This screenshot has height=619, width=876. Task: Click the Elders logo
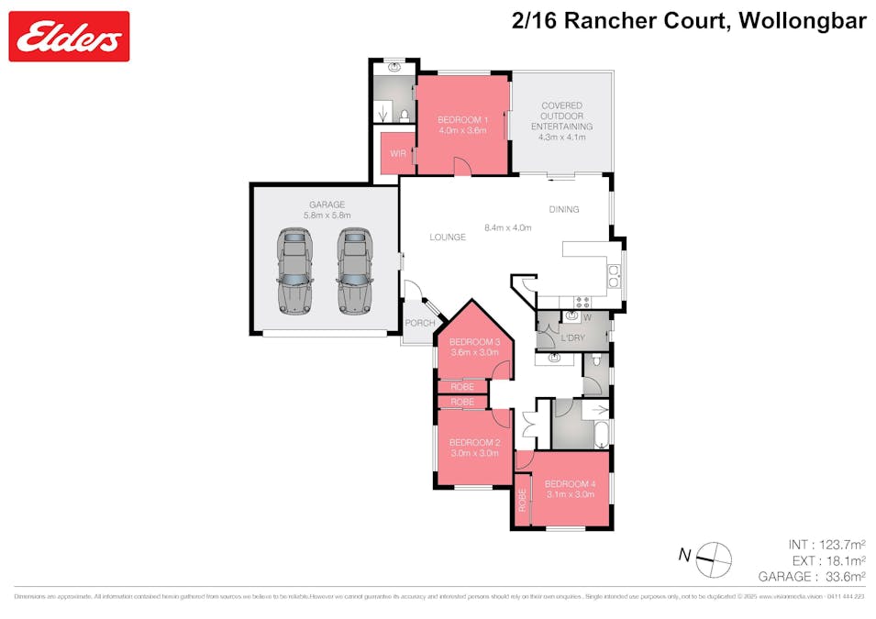coord(69,37)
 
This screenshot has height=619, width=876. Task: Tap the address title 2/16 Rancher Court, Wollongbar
coord(688,21)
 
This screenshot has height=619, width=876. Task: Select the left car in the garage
coord(294,271)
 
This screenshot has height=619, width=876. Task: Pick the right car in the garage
coord(353,271)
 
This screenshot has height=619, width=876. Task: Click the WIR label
coord(397,153)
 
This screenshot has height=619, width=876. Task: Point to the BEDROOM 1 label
coord(462,120)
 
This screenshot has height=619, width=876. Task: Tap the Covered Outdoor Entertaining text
coord(562,116)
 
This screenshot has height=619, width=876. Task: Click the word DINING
coord(564,209)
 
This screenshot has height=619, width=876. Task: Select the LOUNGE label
coord(448,238)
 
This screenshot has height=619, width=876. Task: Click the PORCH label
coord(419,323)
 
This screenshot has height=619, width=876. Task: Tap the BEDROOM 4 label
coord(570,484)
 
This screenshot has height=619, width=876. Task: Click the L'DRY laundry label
coord(572,338)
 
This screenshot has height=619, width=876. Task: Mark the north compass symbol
coord(714,558)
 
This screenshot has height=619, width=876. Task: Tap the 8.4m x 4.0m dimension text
coord(508,227)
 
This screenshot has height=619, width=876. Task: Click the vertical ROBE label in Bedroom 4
coord(522,501)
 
